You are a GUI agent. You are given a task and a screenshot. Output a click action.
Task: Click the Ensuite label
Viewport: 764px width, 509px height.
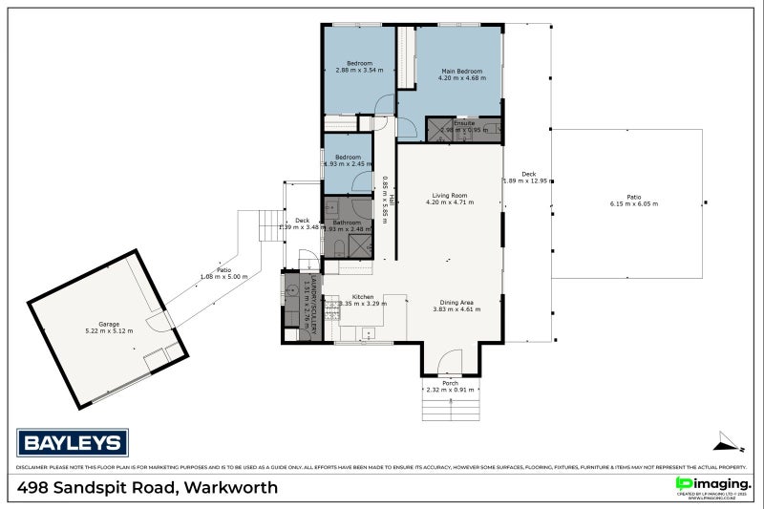[464, 123]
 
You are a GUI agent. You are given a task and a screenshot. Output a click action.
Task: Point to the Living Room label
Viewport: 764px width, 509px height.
[448, 195]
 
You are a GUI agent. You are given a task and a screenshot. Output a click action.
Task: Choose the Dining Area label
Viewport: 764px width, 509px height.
[454, 302]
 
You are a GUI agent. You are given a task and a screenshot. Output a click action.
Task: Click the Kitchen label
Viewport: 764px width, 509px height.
[363, 297]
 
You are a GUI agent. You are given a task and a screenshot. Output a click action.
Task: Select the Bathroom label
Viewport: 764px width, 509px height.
[347, 223]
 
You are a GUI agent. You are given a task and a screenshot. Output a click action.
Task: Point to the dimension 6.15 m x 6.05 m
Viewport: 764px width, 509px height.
[634, 203]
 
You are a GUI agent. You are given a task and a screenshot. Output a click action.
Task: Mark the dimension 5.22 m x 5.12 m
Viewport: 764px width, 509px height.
[109, 331]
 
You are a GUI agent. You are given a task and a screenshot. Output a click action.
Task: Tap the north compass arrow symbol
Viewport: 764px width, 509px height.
[729, 440]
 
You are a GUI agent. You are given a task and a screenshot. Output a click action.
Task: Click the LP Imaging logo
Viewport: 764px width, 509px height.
[711, 485]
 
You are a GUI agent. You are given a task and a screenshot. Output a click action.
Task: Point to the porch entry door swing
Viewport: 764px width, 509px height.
[449, 360]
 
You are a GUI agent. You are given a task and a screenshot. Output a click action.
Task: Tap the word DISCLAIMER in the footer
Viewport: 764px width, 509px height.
[34, 468]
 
